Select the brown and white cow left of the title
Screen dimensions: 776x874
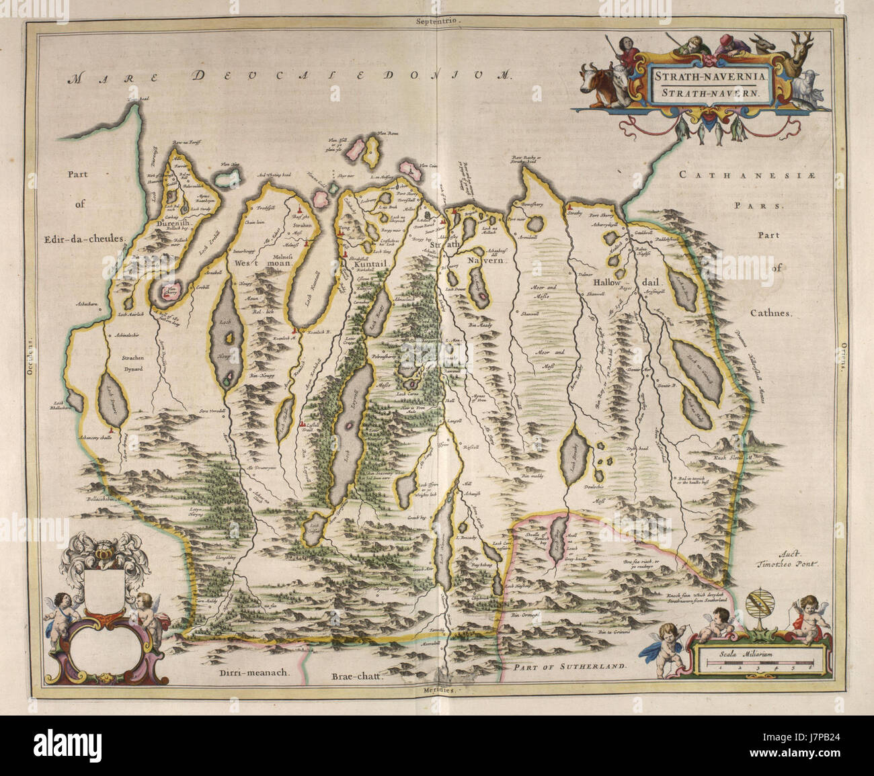597,81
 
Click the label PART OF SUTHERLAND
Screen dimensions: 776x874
567,668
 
